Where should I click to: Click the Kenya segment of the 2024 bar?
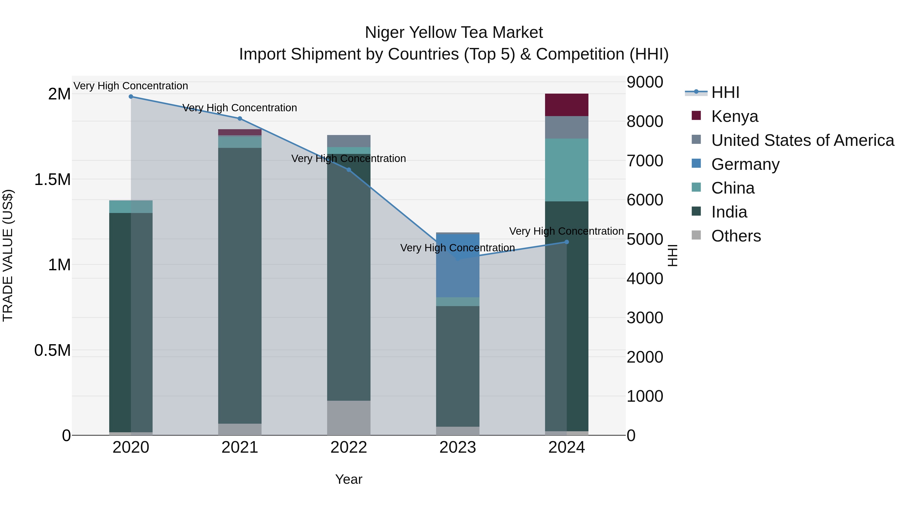(x=566, y=105)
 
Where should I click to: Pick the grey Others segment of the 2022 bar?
(x=349, y=418)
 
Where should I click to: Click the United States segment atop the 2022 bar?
(x=349, y=141)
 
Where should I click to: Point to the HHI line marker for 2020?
(x=131, y=96)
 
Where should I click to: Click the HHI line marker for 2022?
(x=349, y=170)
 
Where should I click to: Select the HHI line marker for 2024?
(x=566, y=242)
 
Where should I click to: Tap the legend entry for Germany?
(x=745, y=164)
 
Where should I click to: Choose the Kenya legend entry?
(x=734, y=116)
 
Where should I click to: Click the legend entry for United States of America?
(x=802, y=140)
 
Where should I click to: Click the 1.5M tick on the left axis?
(x=52, y=179)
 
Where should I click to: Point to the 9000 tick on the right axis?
(x=645, y=82)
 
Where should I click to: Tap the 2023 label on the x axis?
(x=458, y=447)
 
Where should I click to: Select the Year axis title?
(x=349, y=479)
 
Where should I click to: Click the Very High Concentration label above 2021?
(x=240, y=107)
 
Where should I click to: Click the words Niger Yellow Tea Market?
(x=454, y=33)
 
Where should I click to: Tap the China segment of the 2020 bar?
(x=131, y=206)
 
